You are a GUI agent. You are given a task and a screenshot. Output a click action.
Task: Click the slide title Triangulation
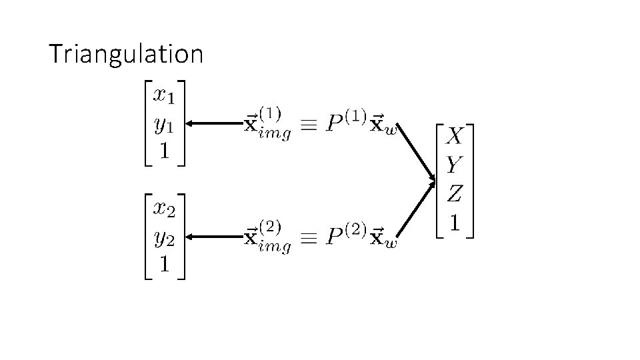tap(126, 54)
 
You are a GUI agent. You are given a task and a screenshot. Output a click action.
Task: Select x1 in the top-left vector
tap(163, 96)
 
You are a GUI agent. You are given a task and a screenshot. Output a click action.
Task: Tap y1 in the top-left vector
tap(163, 125)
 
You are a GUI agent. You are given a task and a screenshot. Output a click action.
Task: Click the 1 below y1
tap(163, 151)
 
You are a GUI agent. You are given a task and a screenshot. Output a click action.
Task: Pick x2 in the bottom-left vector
tap(163, 209)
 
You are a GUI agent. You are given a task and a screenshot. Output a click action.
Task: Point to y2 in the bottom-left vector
tap(163, 237)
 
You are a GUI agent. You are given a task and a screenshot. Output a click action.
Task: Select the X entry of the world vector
tap(454, 137)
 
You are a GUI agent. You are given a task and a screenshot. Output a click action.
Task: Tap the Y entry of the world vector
tap(454, 165)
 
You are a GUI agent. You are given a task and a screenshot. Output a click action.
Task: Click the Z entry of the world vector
tap(454, 194)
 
